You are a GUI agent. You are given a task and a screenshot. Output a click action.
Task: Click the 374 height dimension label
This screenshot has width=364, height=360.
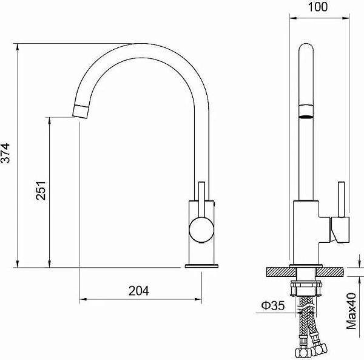(5, 154)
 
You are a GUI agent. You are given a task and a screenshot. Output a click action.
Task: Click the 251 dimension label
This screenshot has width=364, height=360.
(41, 191)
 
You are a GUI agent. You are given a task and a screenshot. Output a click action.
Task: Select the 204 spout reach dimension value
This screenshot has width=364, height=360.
(139, 291)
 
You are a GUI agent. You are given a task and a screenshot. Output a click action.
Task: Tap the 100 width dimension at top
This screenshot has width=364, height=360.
(318, 7)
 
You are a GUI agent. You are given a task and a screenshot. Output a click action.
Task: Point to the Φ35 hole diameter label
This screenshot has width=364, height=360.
(273, 305)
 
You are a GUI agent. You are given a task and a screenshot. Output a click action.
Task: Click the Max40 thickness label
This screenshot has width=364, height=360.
(351, 311)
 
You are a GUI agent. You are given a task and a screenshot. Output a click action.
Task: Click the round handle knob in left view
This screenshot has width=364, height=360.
(201, 229)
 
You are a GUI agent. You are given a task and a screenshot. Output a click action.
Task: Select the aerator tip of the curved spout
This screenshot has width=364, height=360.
(81, 112)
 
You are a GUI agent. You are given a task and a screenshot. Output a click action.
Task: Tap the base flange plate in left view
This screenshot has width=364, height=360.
(201, 266)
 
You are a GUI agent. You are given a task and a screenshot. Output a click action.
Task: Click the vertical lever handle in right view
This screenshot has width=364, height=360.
(341, 200)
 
